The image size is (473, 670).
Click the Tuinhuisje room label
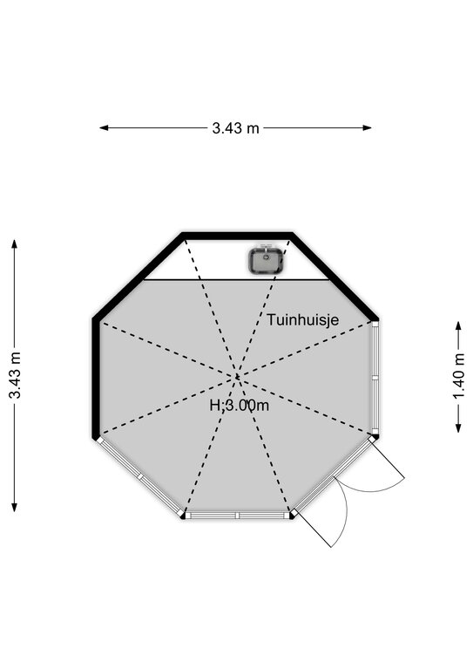pos(303,319)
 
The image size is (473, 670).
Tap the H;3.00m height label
pos(240,405)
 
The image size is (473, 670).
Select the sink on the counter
pos(267,260)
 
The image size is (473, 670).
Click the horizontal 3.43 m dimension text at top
pos(235,127)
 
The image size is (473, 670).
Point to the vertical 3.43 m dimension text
pos(16,375)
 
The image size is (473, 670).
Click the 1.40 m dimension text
pos(458,377)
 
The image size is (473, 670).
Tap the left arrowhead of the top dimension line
pos(104,127)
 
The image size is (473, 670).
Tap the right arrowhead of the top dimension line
pos(367,127)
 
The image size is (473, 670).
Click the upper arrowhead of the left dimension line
pos(15,244)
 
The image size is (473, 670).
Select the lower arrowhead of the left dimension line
pos(15,507)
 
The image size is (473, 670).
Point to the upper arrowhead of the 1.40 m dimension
pos(458,326)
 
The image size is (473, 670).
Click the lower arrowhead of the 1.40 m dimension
pos(458,427)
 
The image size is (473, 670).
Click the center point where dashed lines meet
pos(237,377)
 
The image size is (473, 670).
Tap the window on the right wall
pos(375,377)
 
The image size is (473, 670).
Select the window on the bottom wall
pos(238,516)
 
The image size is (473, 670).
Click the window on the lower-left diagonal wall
pos(140,475)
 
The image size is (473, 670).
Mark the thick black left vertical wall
pos(96,378)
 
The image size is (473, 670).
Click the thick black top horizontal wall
pos(237,236)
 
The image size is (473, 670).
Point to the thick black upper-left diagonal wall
pos(140,276)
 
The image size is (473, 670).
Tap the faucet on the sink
pos(267,247)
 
